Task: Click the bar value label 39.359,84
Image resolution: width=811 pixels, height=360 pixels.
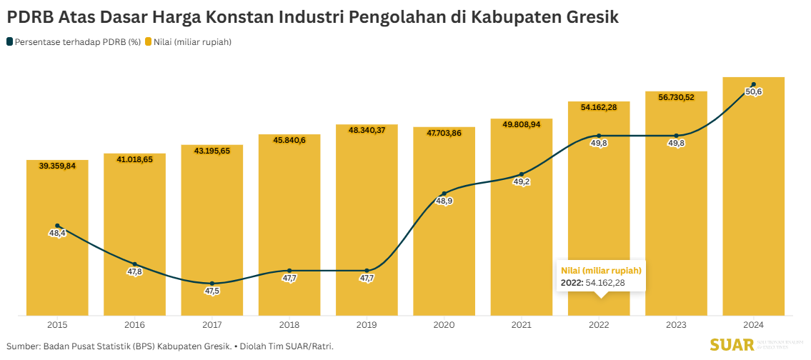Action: tap(57, 166)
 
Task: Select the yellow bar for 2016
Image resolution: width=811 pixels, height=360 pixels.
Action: tap(134, 214)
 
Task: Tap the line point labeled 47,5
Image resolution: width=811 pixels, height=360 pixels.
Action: tap(212, 284)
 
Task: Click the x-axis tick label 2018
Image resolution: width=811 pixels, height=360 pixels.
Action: tap(289, 325)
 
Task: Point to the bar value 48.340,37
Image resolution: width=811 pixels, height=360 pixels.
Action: tap(367, 130)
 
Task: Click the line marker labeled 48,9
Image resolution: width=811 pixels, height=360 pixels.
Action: tap(444, 194)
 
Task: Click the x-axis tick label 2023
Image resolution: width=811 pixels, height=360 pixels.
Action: tap(676, 325)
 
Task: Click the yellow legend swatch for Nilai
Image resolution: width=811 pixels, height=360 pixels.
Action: tap(149, 42)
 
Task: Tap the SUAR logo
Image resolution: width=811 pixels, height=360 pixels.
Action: tap(732, 346)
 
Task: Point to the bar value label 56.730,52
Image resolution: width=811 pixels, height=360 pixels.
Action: tap(676, 97)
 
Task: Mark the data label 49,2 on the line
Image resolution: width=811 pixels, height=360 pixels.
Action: tap(522, 182)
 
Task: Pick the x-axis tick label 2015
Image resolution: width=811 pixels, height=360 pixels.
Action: tap(57, 325)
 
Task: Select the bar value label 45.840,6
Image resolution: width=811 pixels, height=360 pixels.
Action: tap(289, 140)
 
